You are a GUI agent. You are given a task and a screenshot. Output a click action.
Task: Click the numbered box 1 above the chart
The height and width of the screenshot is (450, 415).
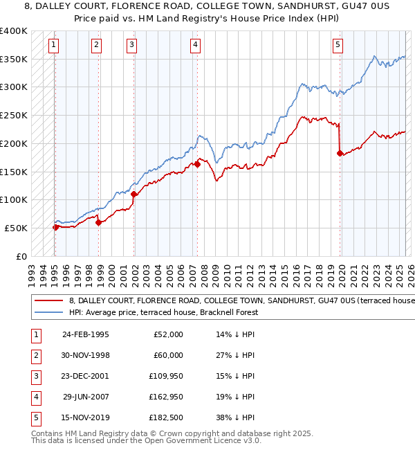54,46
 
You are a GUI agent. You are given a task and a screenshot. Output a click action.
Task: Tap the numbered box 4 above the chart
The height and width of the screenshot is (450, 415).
196,46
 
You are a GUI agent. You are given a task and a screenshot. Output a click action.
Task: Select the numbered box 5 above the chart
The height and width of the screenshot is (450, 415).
338,46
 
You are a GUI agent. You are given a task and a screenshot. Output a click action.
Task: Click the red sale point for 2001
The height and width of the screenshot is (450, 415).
134,195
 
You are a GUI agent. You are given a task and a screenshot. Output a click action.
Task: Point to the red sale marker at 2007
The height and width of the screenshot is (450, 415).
197,164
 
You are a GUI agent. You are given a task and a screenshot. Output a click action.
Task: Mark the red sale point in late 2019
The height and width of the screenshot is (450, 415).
340,153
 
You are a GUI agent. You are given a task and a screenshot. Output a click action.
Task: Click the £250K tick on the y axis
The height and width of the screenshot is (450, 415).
14,115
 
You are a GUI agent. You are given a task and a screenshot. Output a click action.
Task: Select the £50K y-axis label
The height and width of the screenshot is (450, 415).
17,228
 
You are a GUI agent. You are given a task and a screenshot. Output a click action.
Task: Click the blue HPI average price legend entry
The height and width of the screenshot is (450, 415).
163,312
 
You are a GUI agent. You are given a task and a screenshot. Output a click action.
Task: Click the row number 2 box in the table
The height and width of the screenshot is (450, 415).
34,355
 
